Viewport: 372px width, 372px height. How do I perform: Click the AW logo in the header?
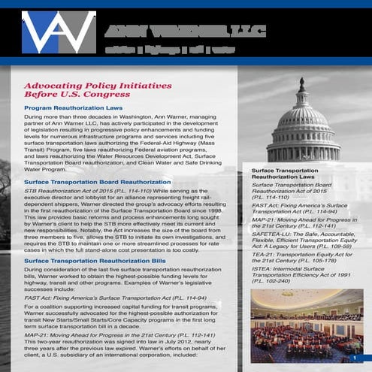tap(58, 32)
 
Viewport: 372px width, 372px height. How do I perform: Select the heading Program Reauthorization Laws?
tap(73, 109)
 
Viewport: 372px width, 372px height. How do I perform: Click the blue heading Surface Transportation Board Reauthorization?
tap(98, 183)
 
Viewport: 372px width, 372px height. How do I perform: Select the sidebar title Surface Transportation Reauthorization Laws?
tap(285, 174)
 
